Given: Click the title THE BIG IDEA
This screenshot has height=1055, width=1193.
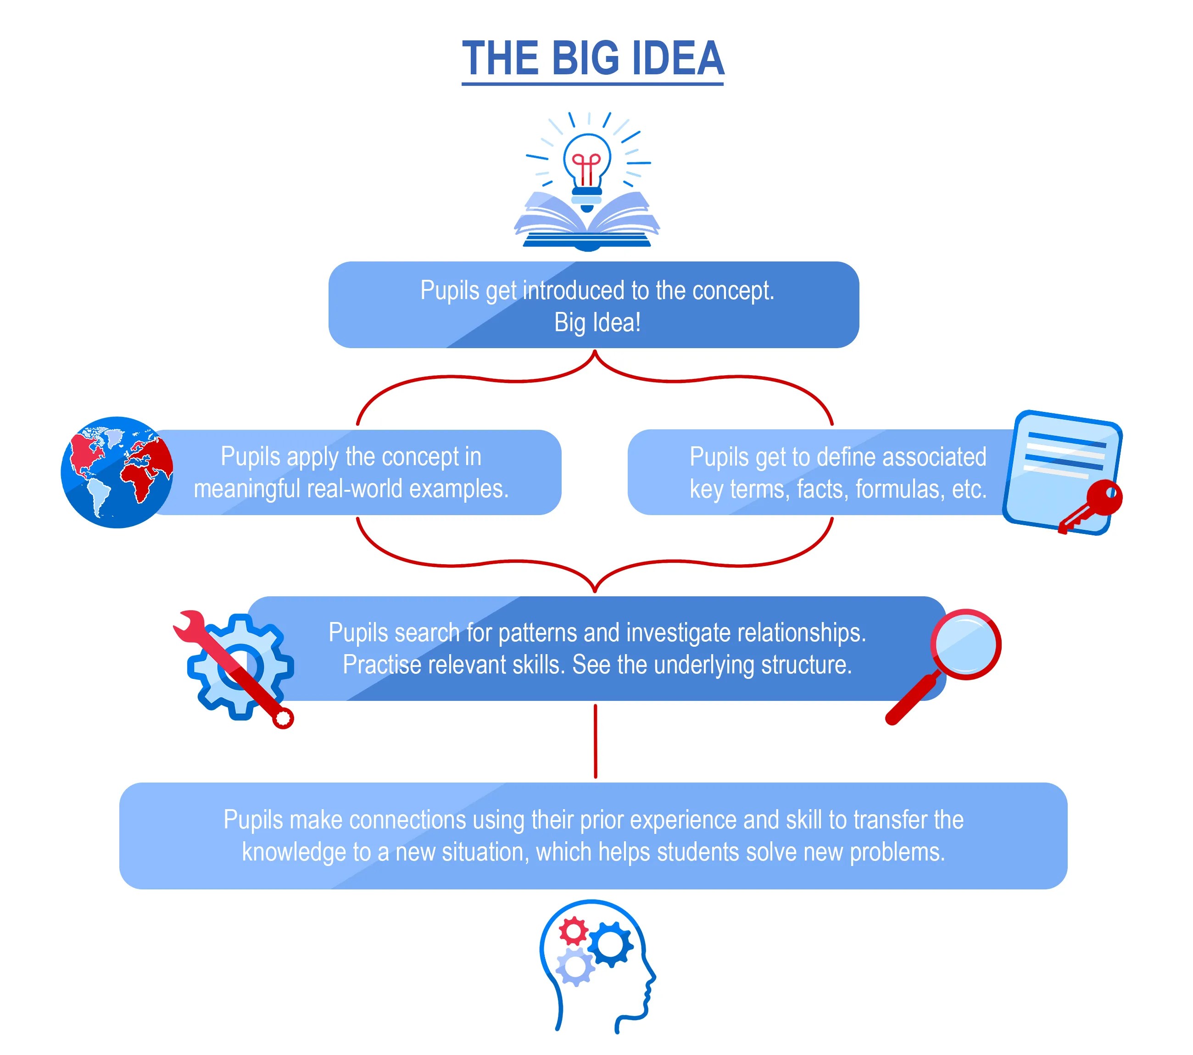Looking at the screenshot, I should pyautogui.click(x=592, y=58).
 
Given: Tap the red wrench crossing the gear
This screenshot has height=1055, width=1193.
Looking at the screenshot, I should pyautogui.click(x=234, y=665).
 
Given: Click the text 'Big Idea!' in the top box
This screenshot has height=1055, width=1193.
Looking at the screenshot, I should pyautogui.click(x=597, y=322).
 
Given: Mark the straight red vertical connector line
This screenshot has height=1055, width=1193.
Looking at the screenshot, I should pyautogui.click(x=595, y=741).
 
